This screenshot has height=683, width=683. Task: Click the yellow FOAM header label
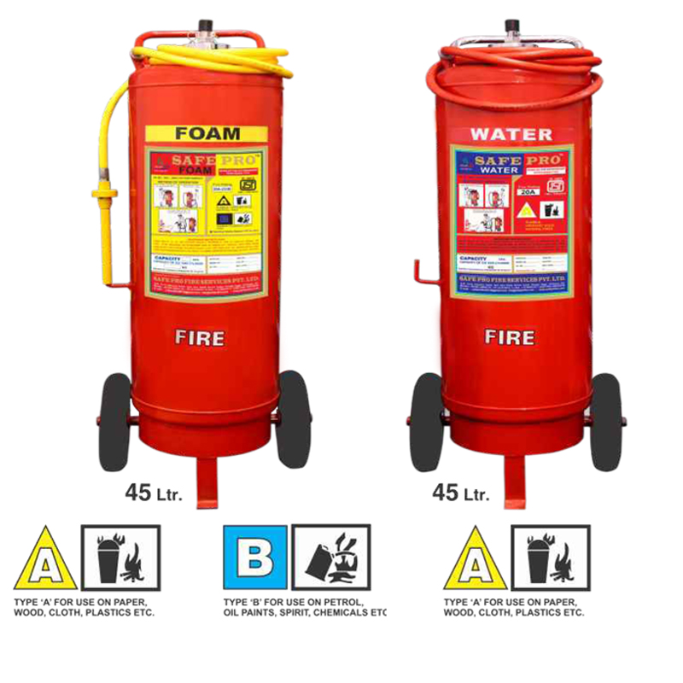[x=206, y=134]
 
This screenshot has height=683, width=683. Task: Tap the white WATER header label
[x=511, y=134]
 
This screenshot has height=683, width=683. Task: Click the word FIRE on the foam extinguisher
[x=200, y=337]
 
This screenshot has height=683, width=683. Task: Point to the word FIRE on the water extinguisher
[x=510, y=337]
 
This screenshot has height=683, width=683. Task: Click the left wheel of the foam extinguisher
[x=115, y=421]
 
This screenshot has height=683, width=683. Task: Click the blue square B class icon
[x=254, y=557]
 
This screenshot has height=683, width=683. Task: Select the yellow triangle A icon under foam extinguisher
[x=45, y=560]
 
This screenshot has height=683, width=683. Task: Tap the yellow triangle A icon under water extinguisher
[x=475, y=560]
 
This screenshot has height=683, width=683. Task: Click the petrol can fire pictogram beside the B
[x=331, y=557]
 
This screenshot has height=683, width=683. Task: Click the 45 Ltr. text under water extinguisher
[x=461, y=493]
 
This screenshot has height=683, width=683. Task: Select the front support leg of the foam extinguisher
[x=207, y=482]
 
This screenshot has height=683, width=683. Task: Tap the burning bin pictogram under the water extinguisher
[x=550, y=557]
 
